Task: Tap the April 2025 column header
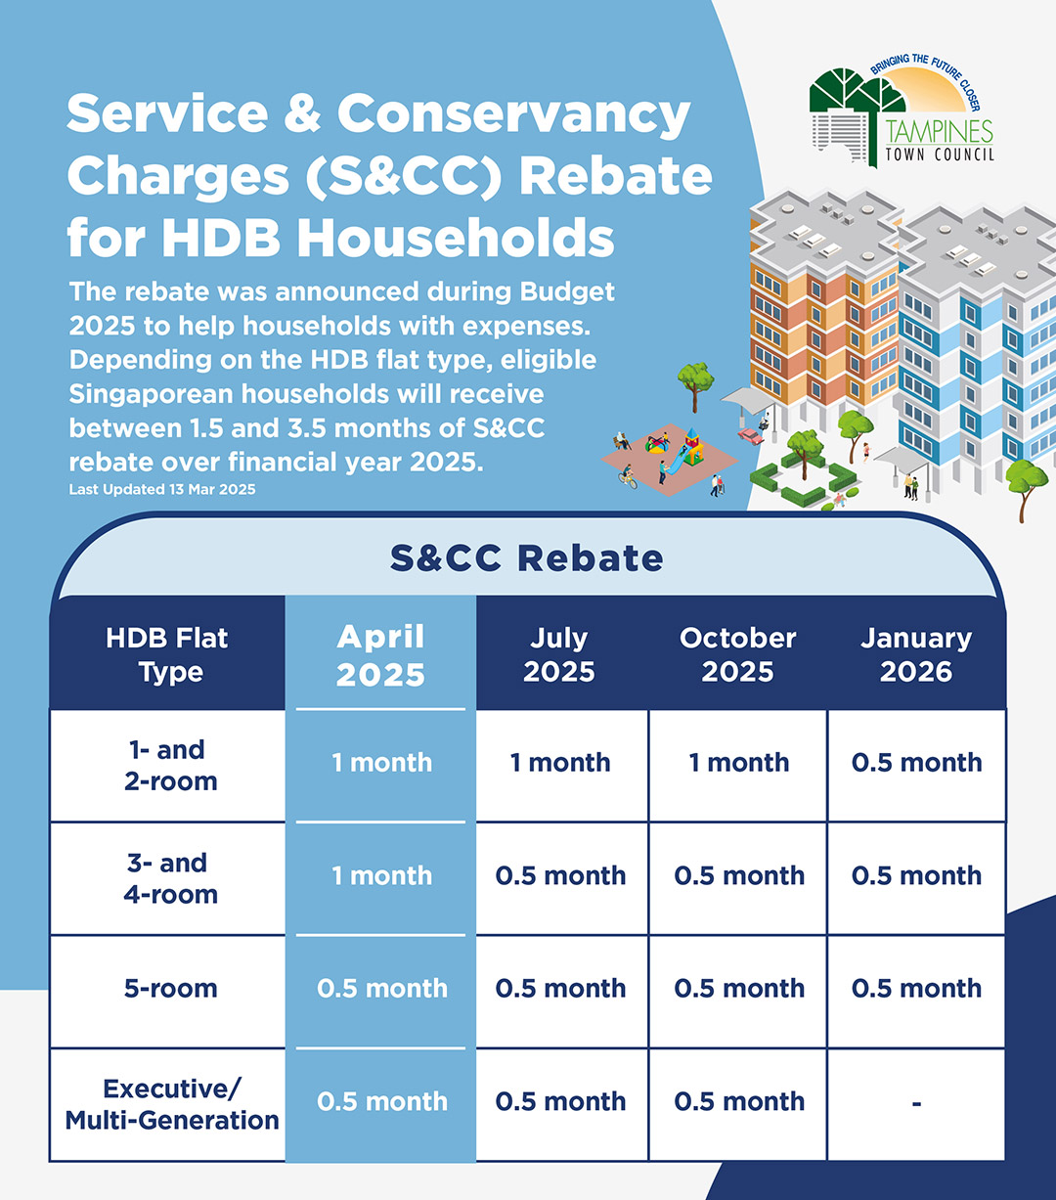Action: coord(380,654)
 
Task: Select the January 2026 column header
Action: coord(916,654)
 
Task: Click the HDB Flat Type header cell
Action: coord(167,654)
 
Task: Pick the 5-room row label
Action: coord(170,989)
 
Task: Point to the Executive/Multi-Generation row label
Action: coord(172,1104)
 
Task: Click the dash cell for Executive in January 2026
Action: coord(916,1103)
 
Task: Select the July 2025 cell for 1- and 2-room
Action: coord(560,762)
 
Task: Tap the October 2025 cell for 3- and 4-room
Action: coord(739,875)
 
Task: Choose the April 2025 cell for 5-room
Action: coord(382,989)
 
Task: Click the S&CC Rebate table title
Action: coord(526,558)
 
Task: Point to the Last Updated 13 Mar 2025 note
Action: coord(162,489)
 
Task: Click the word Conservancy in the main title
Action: coord(514,113)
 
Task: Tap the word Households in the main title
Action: coord(456,237)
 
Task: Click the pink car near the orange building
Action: coord(750,436)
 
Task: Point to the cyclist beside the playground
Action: coord(627,477)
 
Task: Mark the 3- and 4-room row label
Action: coord(170,878)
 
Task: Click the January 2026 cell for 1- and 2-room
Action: coord(917,762)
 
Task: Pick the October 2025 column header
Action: coord(738,654)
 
